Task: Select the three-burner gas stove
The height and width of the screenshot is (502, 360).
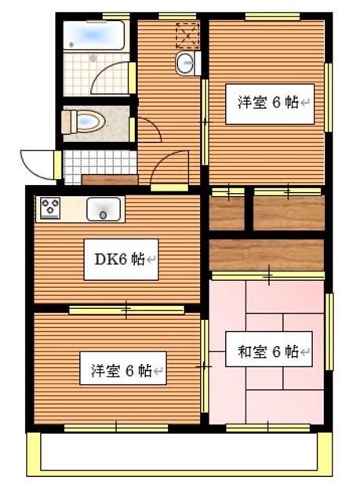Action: coord(50,209)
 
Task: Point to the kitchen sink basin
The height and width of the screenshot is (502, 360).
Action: coord(103,209)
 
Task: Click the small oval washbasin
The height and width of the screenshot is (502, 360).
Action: coord(186,65)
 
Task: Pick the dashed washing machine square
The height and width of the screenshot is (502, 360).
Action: coord(187,35)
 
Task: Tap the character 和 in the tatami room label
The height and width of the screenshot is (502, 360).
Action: coord(233,352)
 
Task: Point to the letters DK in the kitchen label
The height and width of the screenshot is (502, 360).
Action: coord(104,260)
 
